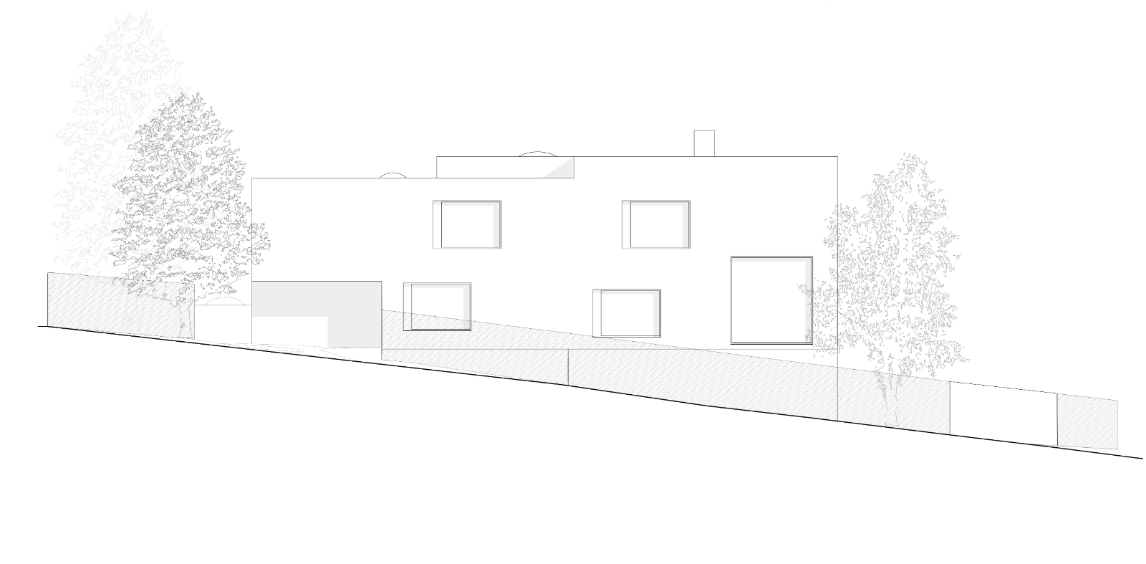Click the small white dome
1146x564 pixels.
[x=223, y=302]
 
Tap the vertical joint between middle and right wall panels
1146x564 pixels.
[x=837, y=394]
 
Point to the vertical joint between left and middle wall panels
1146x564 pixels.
[x=569, y=367]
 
